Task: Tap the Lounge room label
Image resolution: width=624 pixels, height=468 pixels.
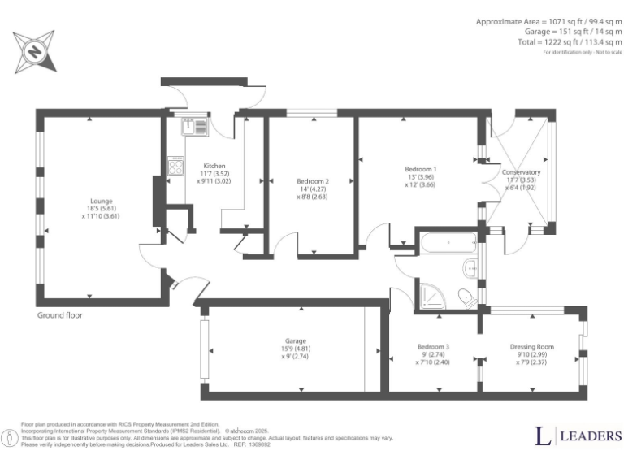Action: pyautogui.click(x=102, y=201)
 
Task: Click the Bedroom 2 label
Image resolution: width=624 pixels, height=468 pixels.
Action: pyautogui.click(x=313, y=180)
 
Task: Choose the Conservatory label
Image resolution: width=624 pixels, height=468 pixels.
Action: pyautogui.click(x=521, y=172)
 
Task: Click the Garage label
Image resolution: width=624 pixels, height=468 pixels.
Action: pyautogui.click(x=296, y=340)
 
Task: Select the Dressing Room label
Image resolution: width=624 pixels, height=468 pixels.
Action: pyautogui.click(x=532, y=347)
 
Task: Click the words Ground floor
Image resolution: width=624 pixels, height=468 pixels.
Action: pyautogui.click(x=59, y=314)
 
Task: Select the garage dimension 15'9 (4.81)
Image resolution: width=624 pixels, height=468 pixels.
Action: pyautogui.click(x=296, y=349)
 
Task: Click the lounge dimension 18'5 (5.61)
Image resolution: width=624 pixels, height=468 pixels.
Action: pyautogui.click(x=102, y=208)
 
